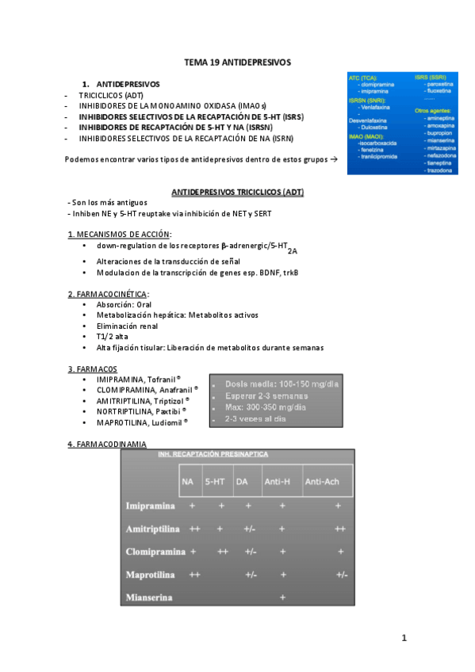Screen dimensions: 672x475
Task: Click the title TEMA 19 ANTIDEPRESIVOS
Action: click(237, 61)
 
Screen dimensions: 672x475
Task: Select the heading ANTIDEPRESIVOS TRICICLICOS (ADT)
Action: click(237, 192)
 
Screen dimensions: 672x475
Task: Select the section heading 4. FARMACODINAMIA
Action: click(107, 445)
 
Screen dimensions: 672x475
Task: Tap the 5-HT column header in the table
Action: click(215, 481)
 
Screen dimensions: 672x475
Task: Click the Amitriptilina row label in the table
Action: click(153, 528)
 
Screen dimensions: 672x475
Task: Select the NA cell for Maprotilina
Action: click(193, 574)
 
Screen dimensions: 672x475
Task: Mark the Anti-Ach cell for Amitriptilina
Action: click(339, 528)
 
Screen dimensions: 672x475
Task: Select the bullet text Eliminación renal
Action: click(127, 325)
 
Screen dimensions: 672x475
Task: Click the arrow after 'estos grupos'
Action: click(333, 159)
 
